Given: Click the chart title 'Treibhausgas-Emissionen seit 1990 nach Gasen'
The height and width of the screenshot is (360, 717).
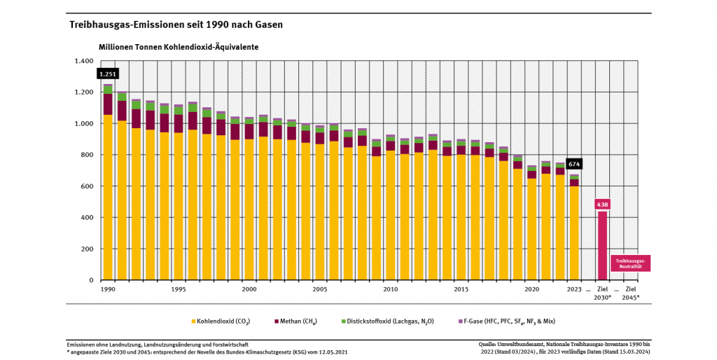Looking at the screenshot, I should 176,25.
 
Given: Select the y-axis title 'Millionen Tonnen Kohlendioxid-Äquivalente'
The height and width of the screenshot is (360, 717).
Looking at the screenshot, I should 179,47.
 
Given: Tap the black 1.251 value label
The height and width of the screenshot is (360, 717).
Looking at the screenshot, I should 108,74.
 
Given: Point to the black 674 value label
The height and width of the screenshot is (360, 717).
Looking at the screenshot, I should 574,164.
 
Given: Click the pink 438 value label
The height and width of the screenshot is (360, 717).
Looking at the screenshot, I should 602,204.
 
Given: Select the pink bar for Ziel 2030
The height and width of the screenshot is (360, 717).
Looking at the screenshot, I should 602,245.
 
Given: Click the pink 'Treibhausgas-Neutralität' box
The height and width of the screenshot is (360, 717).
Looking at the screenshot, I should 630,263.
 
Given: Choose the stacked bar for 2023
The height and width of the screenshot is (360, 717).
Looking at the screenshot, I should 574,231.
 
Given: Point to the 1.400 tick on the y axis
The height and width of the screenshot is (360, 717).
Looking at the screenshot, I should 83,61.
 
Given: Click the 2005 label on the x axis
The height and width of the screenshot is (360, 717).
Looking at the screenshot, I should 320,289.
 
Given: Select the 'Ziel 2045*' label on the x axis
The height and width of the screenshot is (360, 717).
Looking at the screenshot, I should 630,293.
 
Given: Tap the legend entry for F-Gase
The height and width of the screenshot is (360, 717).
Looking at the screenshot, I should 509,321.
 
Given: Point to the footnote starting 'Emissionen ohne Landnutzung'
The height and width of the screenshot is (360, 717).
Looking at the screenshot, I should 157,345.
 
